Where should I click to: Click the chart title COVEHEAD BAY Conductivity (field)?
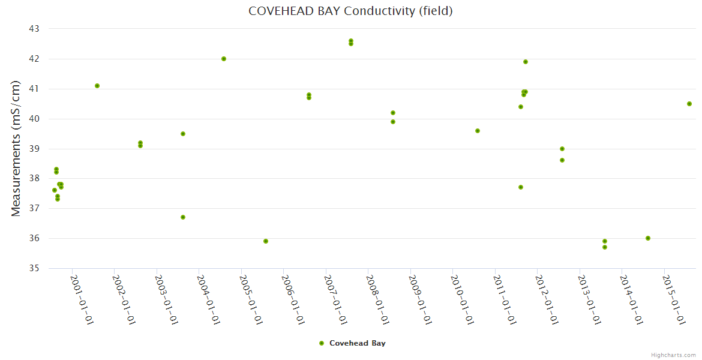click(x=350, y=11)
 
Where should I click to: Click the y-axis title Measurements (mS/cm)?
click(x=16, y=148)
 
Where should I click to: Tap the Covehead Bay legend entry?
click(x=352, y=343)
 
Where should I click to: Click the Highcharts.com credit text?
click(x=673, y=355)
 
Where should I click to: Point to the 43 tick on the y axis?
click(x=34, y=29)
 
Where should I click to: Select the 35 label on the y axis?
click(x=34, y=268)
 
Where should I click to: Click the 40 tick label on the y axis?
click(x=34, y=119)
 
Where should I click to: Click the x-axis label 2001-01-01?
click(x=82, y=299)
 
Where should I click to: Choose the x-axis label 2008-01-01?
click(x=377, y=299)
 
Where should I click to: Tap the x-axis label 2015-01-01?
click(x=673, y=299)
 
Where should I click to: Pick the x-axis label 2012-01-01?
click(x=547, y=299)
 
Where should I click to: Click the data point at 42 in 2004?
click(x=224, y=59)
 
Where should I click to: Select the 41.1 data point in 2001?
click(x=97, y=86)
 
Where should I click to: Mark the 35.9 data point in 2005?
click(x=266, y=241)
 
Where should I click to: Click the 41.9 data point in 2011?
click(x=526, y=62)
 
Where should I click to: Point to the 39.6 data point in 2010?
click(x=478, y=131)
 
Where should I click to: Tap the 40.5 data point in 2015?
click(x=689, y=104)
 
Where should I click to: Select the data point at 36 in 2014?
click(x=648, y=238)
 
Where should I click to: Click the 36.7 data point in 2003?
click(x=183, y=217)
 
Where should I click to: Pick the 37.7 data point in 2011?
click(x=521, y=187)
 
